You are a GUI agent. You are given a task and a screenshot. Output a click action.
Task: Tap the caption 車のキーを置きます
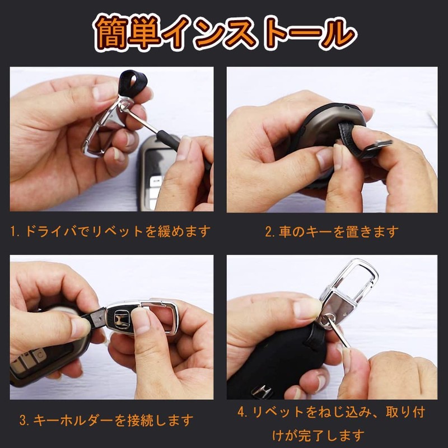pos(332,231)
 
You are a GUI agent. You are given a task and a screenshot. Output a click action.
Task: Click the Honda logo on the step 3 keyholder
pos(120,318)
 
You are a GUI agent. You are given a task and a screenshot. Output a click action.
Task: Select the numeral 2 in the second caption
pos(268,231)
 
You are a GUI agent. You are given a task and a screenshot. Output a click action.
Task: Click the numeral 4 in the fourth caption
pos(242,413)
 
